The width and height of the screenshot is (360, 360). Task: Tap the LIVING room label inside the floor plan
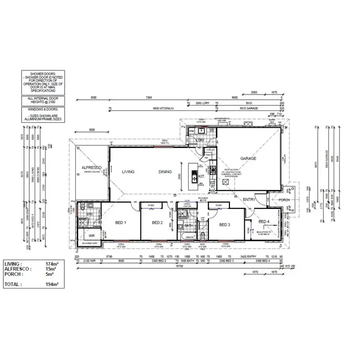click(128, 171)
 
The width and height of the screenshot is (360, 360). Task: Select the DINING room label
click(166, 171)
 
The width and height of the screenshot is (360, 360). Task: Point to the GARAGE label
click(248, 158)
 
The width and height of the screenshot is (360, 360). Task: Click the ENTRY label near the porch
click(249, 199)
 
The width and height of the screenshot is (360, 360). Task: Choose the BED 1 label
click(120, 223)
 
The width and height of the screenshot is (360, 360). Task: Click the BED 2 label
click(158, 223)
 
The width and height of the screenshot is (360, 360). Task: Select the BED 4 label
click(264, 221)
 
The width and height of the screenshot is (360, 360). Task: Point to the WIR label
click(91, 235)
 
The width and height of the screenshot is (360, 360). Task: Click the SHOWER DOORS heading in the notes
click(40, 75)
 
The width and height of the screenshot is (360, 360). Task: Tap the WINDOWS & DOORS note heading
click(40, 110)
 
